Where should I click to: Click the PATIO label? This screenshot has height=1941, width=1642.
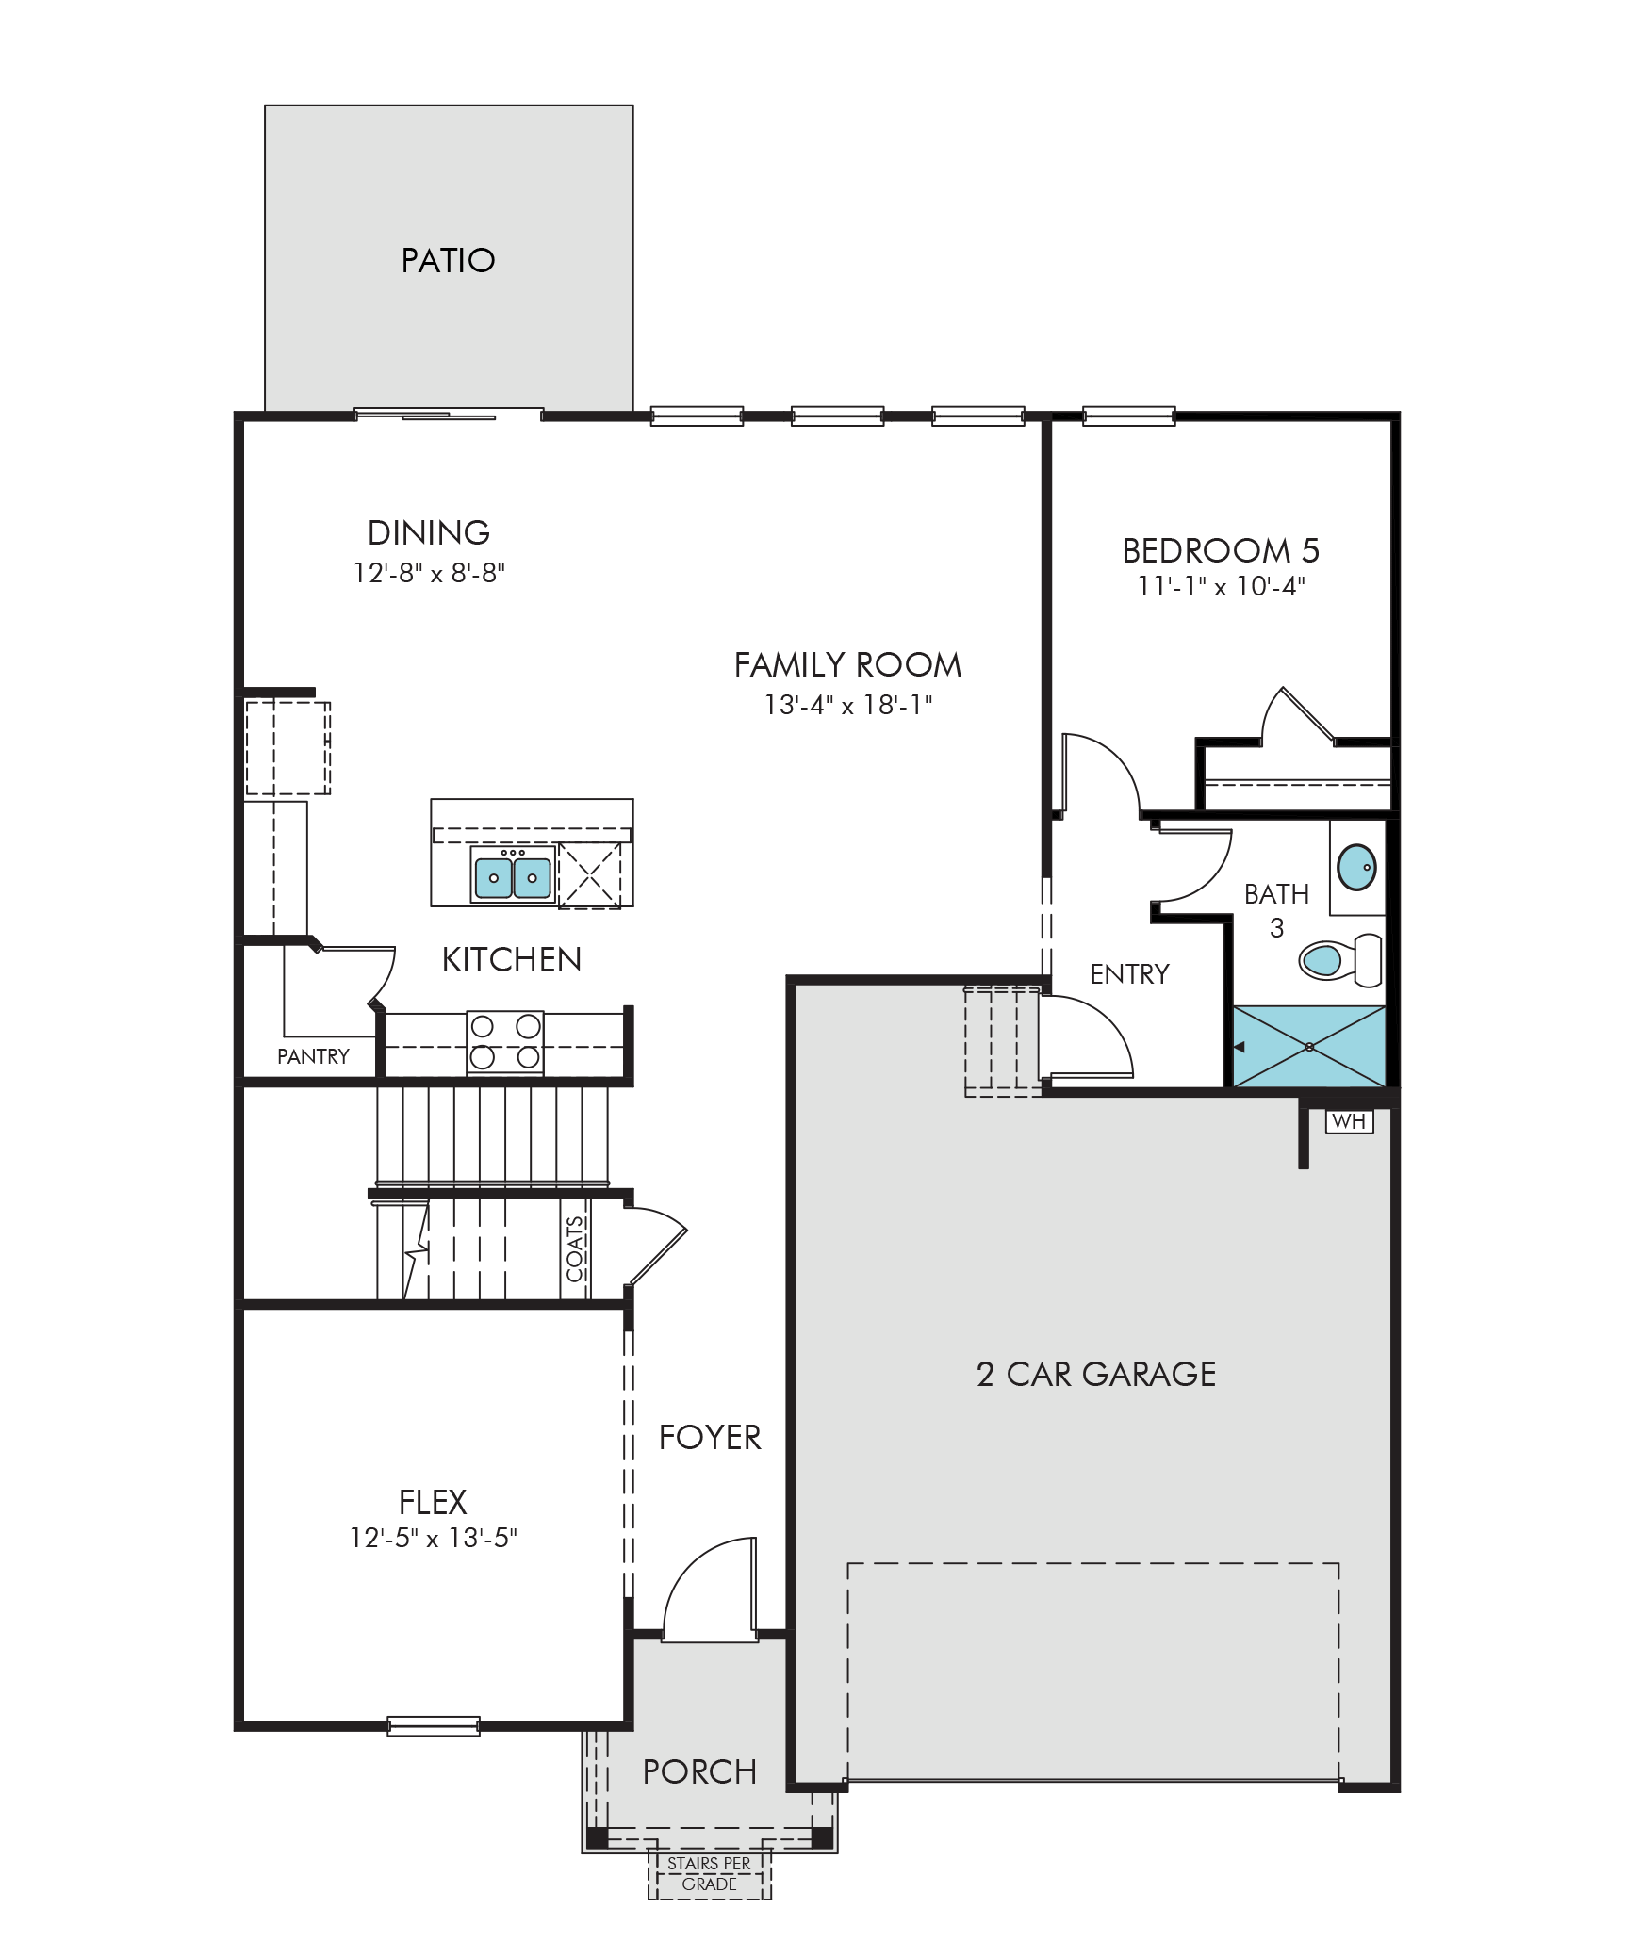[x=448, y=260]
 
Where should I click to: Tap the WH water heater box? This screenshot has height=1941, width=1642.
[x=1349, y=1121]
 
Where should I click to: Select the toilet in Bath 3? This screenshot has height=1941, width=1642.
[x=1340, y=959]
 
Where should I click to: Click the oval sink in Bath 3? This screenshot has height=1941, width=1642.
[x=1356, y=867]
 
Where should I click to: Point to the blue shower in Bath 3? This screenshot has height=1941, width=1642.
[x=1309, y=1047]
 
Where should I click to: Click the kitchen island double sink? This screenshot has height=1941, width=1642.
[x=513, y=875]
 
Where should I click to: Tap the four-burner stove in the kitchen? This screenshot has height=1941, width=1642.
[x=505, y=1041]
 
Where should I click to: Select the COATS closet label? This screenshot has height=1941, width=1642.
[x=575, y=1248]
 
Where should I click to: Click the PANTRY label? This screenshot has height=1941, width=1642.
[x=313, y=1056]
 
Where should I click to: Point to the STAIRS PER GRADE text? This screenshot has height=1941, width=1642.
[x=709, y=1873]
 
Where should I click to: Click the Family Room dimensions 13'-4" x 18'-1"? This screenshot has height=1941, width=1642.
[x=848, y=705]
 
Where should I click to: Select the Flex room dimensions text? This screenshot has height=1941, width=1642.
[x=434, y=1538]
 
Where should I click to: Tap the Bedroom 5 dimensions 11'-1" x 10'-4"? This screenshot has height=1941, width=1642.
[x=1221, y=586]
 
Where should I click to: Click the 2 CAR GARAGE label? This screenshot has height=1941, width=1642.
[x=1096, y=1375]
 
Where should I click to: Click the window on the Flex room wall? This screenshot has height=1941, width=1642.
[x=434, y=1726]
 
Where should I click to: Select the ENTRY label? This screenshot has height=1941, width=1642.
[x=1129, y=974]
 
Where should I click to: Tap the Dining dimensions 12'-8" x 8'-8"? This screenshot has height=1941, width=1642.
[x=429, y=573]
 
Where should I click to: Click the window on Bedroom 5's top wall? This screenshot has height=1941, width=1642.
[x=1128, y=416]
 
